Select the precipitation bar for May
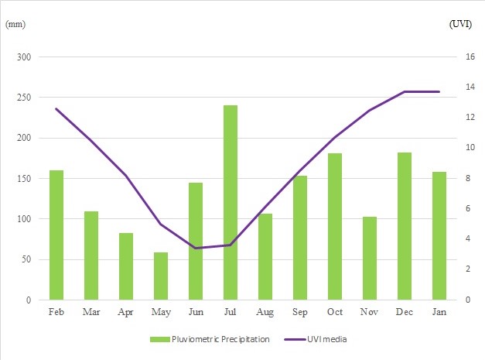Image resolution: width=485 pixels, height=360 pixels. click(161, 276)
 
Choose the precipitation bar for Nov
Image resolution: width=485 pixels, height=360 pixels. click(370, 258)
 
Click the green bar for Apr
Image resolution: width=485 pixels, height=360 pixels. click(126, 266)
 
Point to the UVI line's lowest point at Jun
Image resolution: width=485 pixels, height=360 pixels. click(196, 248)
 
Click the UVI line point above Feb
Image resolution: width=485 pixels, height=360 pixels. click(56, 109)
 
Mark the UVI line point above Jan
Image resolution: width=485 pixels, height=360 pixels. click(439, 91)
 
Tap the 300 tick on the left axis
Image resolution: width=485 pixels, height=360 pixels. click(23, 57)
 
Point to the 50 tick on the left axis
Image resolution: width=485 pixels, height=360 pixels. click(26, 259)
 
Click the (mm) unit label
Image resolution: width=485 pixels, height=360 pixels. click(15, 24)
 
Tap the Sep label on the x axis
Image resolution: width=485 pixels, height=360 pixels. click(300, 311)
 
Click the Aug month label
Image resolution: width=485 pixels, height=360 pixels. click(265, 311)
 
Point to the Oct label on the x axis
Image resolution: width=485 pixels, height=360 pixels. click(335, 311)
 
